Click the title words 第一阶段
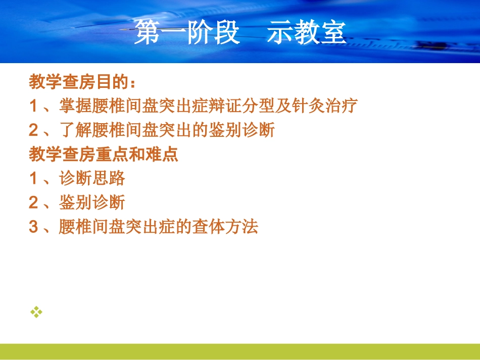[x=187, y=32]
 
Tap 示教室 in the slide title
[x=306, y=32]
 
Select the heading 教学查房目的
[x=79, y=82]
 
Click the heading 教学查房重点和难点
[x=104, y=154]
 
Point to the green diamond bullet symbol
[x=36, y=312]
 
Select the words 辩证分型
[x=241, y=106]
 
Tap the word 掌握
[x=76, y=106]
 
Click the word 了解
[x=76, y=130]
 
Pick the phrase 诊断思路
[x=92, y=178]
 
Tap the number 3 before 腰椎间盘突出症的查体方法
[x=33, y=227]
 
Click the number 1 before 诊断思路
[x=33, y=178]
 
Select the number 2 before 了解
[x=33, y=130]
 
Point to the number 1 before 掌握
[x=33, y=106]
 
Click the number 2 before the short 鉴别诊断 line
[x=33, y=202]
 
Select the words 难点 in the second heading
[x=162, y=154]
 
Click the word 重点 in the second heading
[x=112, y=154]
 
